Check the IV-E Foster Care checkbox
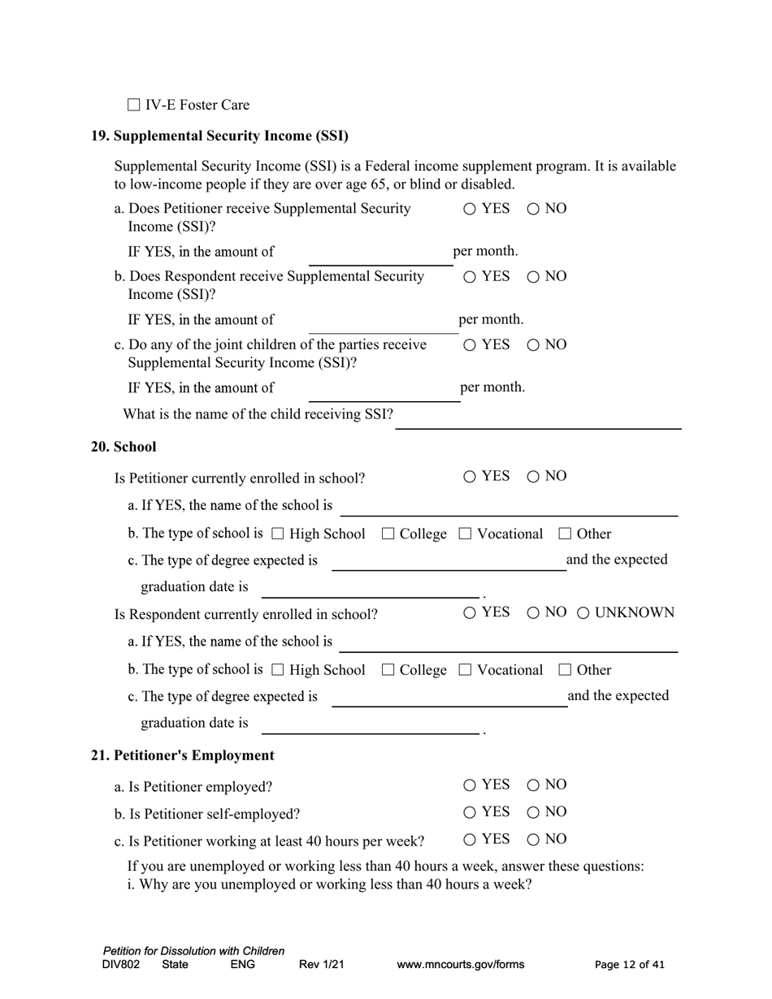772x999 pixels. (134, 105)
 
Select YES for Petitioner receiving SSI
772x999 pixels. (470, 209)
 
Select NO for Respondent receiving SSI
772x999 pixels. (533, 277)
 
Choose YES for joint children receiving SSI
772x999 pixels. (470, 345)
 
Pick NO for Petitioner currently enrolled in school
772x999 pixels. (533, 477)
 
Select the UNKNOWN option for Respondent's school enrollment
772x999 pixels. (583, 613)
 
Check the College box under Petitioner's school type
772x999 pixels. (388, 534)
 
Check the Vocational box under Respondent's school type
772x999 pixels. (465, 670)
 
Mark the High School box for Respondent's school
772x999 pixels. (277, 670)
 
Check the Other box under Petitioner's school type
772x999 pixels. (565, 534)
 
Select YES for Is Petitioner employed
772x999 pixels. (470, 785)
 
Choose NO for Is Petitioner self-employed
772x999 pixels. (533, 812)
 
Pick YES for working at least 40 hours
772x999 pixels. (470, 840)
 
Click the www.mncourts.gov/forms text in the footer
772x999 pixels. (460, 965)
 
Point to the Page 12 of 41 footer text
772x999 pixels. (629, 965)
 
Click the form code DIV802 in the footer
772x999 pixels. (121, 965)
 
